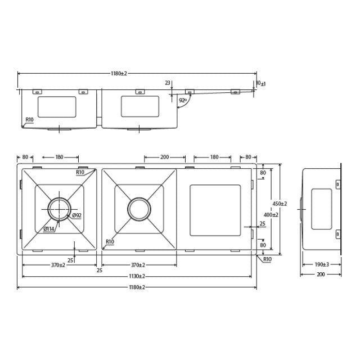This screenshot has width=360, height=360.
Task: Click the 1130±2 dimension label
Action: [137, 276]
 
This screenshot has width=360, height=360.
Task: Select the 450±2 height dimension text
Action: [280, 204]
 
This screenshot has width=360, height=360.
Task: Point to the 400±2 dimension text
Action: [271, 214]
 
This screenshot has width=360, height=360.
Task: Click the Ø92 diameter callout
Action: [77, 215]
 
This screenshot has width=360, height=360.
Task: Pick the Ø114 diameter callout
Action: [49, 228]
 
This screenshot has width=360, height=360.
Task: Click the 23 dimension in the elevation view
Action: [168, 83]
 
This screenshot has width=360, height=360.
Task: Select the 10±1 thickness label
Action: [260, 83]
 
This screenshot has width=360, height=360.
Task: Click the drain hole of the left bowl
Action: [58, 209]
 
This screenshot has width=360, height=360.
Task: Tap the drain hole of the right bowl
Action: [139, 209]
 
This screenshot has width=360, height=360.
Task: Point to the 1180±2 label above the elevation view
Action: [119, 73]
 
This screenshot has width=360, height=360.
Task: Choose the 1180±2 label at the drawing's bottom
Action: [137, 287]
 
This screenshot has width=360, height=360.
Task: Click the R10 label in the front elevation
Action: [29, 119]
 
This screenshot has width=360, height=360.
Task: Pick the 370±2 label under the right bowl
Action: [137, 264]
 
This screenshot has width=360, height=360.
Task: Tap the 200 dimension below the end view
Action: [320, 274]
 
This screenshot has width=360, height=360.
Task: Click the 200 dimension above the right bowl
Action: [164, 157]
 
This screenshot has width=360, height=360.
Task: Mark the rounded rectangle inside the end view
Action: [321, 209]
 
